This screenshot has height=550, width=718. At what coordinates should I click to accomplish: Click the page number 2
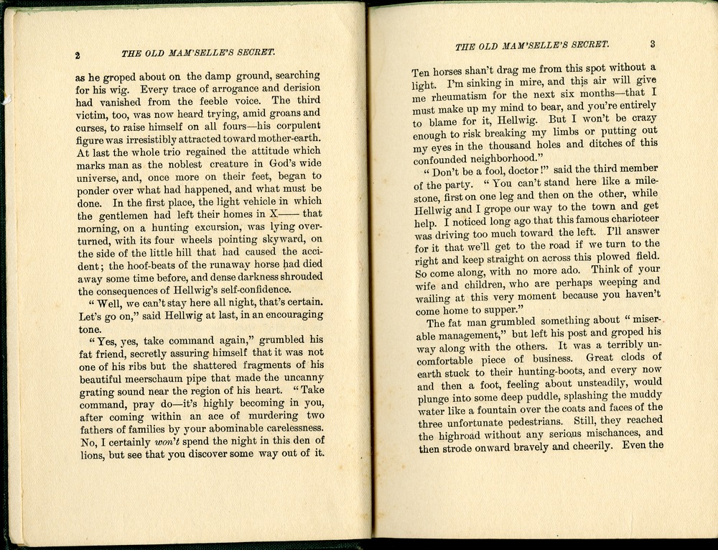tap(77, 55)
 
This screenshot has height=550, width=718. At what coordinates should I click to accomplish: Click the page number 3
tap(653, 44)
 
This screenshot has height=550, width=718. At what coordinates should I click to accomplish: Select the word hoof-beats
tap(152, 265)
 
